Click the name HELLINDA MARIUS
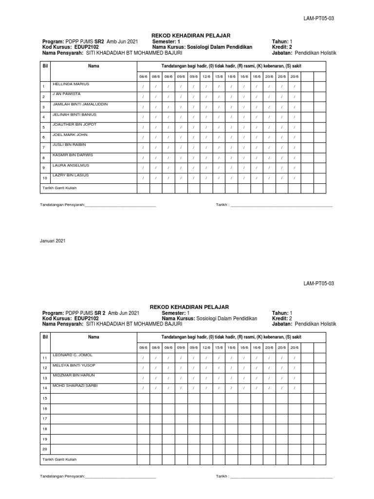click(x=71, y=84)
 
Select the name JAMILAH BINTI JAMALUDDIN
click(x=80, y=104)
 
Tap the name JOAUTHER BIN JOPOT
click(x=75, y=125)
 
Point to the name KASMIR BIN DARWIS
click(x=73, y=155)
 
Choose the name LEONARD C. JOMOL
click(x=72, y=355)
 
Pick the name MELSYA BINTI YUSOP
click(x=74, y=365)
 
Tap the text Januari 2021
click(x=53, y=241)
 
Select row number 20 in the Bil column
click(x=44, y=449)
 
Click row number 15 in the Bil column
click(x=44, y=399)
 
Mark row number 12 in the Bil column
click(x=44, y=368)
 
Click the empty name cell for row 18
click(x=93, y=429)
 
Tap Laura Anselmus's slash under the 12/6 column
click(x=206, y=168)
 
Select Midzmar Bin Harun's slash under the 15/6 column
click(x=219, y=378)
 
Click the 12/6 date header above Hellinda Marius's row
click(x=206, y=77)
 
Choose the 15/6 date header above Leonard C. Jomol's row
click(x=219, y=347)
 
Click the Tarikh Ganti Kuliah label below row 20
click(x=58, y=460)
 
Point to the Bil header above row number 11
click(x=45, y=337)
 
